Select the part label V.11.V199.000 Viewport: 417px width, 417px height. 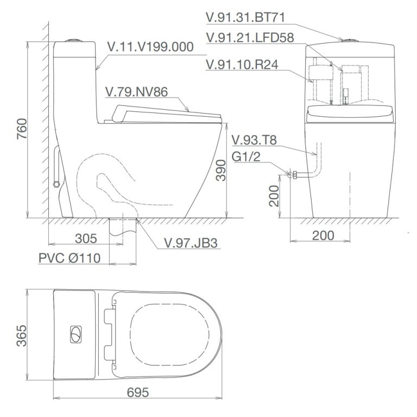(x=150, y=47)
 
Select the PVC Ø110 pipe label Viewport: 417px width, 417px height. (x=69, y=258)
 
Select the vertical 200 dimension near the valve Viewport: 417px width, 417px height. (x=274, y=196)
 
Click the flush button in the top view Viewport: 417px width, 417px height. (x=74, y=335)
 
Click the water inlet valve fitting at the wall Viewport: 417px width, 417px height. (x=292, y=174)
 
